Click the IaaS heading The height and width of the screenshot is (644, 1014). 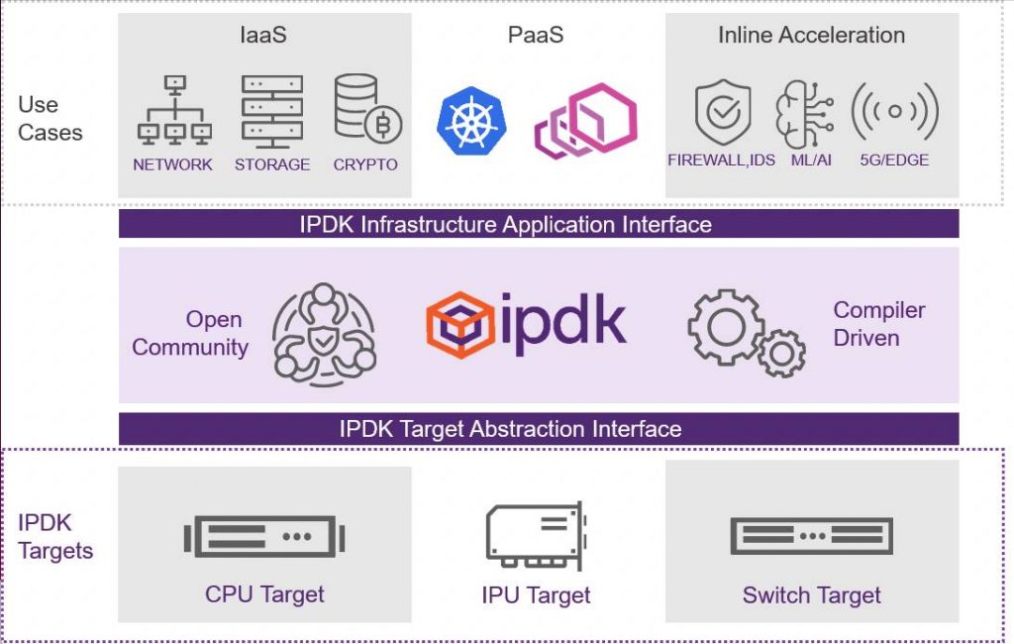tap(264, 36)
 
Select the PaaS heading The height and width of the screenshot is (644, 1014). tap(535, 36)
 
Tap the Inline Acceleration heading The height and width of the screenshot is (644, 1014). tap(811, 36)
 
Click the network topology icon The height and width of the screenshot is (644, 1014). tap(173, 111)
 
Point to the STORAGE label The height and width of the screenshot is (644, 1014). tap(272, 164)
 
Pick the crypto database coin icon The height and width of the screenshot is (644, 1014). tap(362, 109)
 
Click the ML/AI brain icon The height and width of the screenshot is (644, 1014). tap(803, 112)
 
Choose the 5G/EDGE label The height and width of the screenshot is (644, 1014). tap(895, 160)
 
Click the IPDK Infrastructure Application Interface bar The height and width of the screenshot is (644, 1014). tap(539, 224)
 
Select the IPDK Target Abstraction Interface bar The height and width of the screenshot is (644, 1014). tap(539, 429)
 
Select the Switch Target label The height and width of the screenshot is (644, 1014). tap(811, 595)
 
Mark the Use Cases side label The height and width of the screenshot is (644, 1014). tap(51, 119)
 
